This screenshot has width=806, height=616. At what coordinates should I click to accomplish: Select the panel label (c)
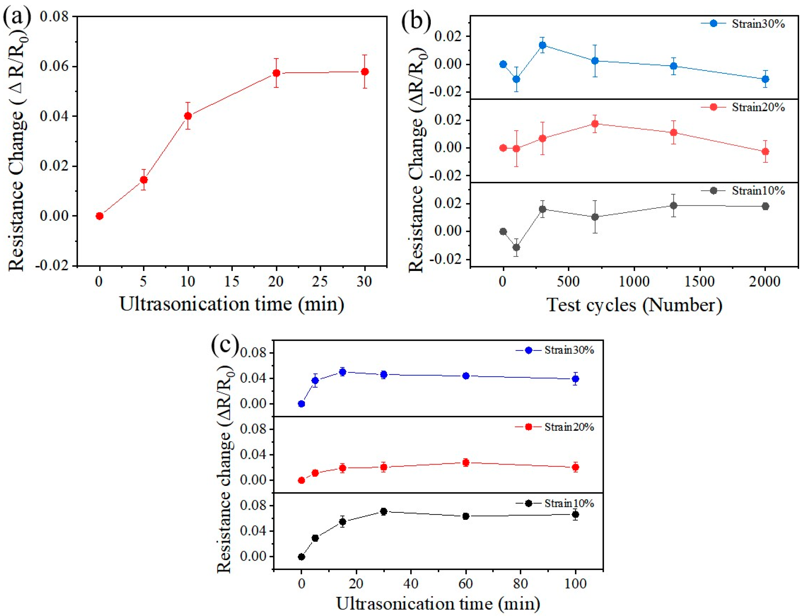click(x=225, y=345)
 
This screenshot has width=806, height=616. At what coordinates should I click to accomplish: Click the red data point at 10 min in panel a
click(x=188, y=116)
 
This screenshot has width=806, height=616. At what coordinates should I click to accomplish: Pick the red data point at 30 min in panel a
click(x=365, y=71)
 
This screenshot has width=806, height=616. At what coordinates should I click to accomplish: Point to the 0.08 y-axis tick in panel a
click(x=54, y=17)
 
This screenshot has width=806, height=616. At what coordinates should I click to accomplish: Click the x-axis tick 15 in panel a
click(x=232, y=282)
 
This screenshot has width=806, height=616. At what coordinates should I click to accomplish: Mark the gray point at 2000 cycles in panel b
click(x=765, y=206)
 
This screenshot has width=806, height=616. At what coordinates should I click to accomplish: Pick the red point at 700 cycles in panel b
click(x=595, y=124)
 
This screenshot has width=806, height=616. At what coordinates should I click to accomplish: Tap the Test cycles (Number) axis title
click(x=635, y=305)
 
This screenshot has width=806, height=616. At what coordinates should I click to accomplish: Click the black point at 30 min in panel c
click(x=384, y=511)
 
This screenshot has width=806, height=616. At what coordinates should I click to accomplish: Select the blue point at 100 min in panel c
click(x=576, y=379)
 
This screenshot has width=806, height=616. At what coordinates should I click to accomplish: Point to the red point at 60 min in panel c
click(x=466, y=462)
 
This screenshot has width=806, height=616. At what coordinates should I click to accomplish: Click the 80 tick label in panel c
click(x=521, y=583)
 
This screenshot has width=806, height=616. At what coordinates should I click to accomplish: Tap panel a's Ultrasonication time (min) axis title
click(x=232, y=304)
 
